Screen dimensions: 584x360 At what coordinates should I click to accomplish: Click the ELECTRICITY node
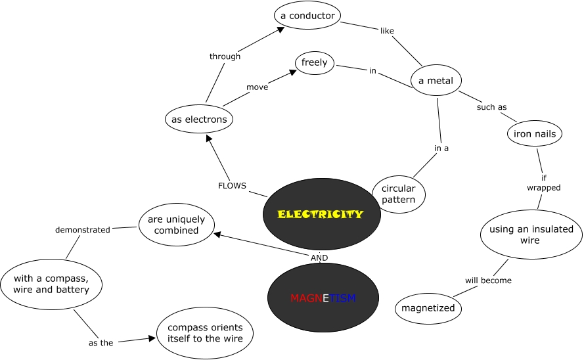click(322, 214)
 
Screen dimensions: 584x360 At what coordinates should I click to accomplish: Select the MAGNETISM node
click(323, 298)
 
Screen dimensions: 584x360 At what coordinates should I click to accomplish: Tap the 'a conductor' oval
click(307, 15)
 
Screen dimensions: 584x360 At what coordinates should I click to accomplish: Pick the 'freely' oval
click(315, 62)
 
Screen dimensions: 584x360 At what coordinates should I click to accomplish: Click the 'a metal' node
click(436, 80)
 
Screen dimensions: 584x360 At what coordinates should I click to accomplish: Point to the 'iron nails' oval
click(535, 133)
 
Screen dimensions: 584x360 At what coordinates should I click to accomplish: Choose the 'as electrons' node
click(199, 119)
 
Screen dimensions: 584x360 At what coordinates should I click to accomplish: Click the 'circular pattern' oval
click(399, 194)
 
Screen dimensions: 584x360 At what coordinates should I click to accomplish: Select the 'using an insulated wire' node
click(531, 235)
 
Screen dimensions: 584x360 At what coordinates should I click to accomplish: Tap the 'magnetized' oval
click(428, 308)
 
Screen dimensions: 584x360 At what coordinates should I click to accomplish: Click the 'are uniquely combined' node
click(177, 225)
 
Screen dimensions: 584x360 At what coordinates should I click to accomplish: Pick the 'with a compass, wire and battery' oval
click(51, 284)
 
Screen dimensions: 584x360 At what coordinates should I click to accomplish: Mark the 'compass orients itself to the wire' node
click(205, 333)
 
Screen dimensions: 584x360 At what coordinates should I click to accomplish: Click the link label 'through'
click(225, 56)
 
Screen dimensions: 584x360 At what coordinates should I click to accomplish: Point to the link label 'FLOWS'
click(232, 186)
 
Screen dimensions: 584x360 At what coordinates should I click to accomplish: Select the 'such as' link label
click(491, 107)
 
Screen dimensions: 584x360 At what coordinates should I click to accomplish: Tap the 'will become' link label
click(488, 281)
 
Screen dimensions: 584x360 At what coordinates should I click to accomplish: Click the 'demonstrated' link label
click(83, 230)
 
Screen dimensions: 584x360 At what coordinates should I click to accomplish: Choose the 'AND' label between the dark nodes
click(319, 258)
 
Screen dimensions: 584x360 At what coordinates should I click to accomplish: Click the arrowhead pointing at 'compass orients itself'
click(152, 338)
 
